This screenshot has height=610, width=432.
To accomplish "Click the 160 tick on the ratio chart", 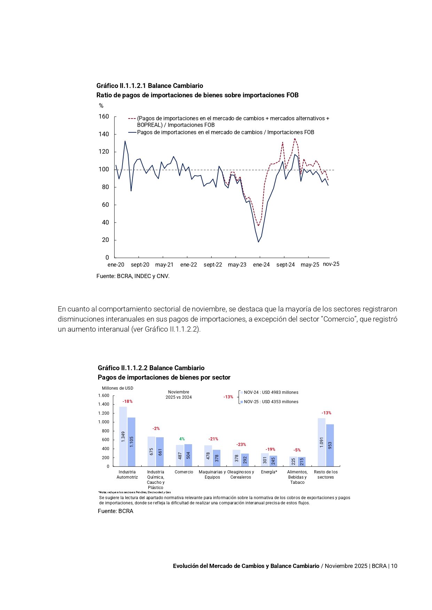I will pos(104,116).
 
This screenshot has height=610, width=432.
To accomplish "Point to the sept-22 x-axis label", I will pos(213,265).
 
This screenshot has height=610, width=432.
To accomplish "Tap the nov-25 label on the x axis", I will pos(331,264).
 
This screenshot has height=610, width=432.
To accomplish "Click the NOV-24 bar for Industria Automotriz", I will pos(123,437).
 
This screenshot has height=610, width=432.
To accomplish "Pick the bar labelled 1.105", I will pos(132,442).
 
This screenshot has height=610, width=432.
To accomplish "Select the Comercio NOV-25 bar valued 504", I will pos(188,455).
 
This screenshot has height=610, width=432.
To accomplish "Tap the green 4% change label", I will pos(182,439).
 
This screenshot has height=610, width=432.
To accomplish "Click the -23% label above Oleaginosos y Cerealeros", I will pos(241,445).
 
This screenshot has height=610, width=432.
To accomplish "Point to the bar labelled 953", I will pos(330,445).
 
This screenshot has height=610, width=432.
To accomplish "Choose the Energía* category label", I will pos(269,472).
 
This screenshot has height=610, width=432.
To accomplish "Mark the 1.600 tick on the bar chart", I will pos(104,396).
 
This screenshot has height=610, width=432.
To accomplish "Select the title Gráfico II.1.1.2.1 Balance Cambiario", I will pos(150,86).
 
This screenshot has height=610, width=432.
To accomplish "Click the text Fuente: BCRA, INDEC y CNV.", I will pos(133,276).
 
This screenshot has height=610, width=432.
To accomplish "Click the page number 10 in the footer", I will pos(394,566).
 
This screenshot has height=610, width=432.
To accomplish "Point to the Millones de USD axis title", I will pos(117,388).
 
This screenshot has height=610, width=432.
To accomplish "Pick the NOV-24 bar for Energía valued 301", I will pos(265,460).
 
